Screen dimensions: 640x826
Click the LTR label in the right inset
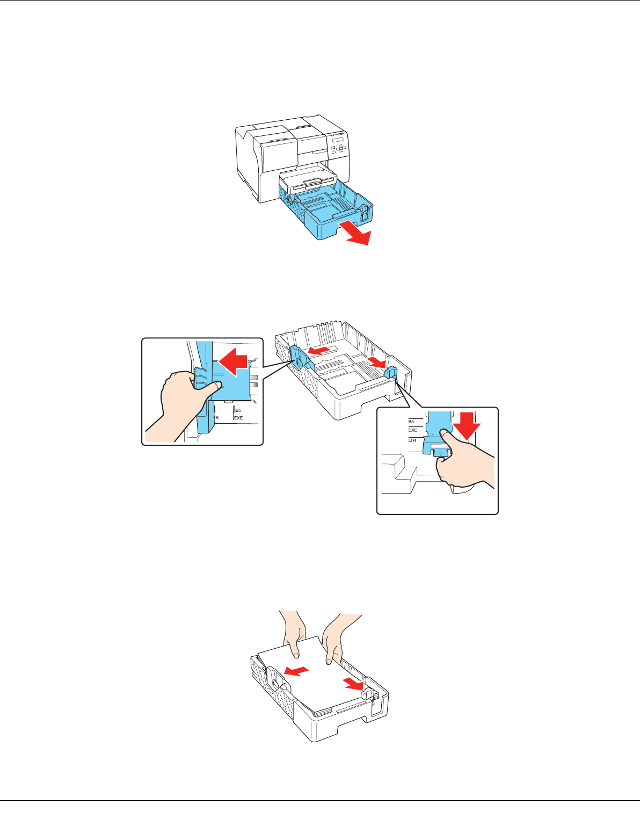click(x=412, y=440)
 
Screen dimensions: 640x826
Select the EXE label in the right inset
click(x=412, y=430)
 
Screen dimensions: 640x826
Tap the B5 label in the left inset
click(x=238, y=410)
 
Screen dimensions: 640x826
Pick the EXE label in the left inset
click(x=238, y=418)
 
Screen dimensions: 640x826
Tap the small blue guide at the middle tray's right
click(x=390, y=372)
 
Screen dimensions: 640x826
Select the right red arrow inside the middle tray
click(x=377, y=364)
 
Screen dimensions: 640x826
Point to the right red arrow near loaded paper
click(x=354, y=683)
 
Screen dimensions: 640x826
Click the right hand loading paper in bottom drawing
click(x=335, y=636)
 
